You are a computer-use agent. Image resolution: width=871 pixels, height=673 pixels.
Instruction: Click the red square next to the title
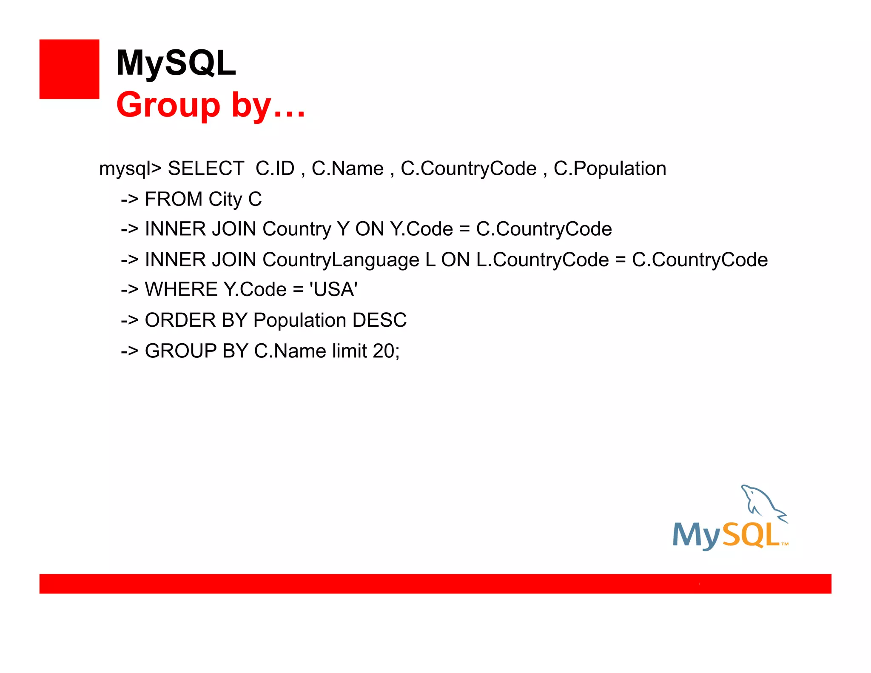69,69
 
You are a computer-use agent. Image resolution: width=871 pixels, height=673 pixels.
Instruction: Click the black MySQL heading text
176,63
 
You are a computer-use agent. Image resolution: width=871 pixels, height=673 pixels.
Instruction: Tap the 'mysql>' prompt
130,169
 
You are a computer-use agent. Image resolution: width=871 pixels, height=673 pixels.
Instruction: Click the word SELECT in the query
206,168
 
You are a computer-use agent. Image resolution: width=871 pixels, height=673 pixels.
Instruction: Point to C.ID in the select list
275,168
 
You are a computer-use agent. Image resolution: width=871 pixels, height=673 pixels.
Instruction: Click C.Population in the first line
609,168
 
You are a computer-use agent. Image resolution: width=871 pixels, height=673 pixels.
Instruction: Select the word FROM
174,199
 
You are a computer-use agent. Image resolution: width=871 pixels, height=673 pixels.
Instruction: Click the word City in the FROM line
225,199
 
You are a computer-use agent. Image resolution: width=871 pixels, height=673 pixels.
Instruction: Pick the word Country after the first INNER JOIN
296,229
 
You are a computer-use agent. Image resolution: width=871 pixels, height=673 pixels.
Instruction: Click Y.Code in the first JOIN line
421,229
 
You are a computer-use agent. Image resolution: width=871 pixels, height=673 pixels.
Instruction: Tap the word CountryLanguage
341,260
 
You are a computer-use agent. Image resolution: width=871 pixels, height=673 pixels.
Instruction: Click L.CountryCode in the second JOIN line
542,260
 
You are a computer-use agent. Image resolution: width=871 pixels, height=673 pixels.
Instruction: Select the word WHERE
181,290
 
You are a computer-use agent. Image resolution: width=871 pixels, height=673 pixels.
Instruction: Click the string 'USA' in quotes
333,290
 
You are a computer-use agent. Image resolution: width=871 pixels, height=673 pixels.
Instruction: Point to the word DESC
379,320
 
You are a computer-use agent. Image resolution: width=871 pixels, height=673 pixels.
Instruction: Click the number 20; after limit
386,351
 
